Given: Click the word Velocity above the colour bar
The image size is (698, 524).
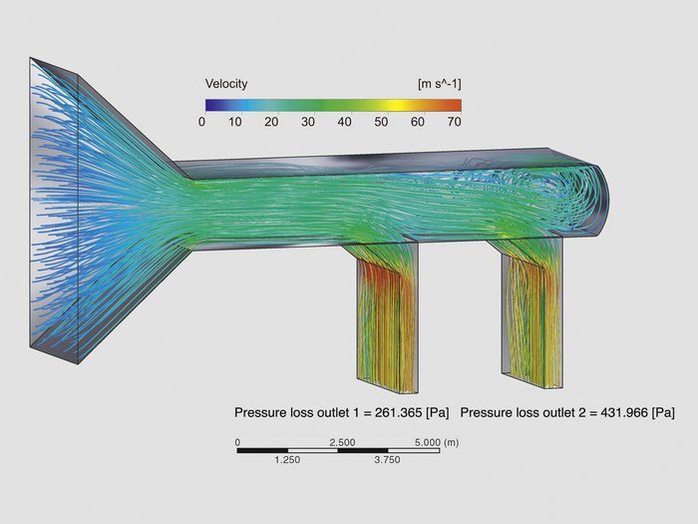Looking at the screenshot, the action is click(226, 84).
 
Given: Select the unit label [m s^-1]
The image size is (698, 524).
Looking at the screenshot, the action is click(440, 84).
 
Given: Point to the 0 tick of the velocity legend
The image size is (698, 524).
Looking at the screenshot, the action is click(202, 122).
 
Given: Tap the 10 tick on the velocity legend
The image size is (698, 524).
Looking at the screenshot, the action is click(234, 122).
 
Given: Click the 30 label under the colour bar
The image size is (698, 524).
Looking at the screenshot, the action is click(307, 122).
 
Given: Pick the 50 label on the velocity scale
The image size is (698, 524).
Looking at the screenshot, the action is click(381, 122).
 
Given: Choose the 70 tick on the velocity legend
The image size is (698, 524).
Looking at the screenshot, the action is click(454, 122).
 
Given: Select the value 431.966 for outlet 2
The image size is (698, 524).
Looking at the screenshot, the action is click(624, 412).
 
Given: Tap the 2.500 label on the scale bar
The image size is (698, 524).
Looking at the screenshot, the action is click(342, 442).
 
